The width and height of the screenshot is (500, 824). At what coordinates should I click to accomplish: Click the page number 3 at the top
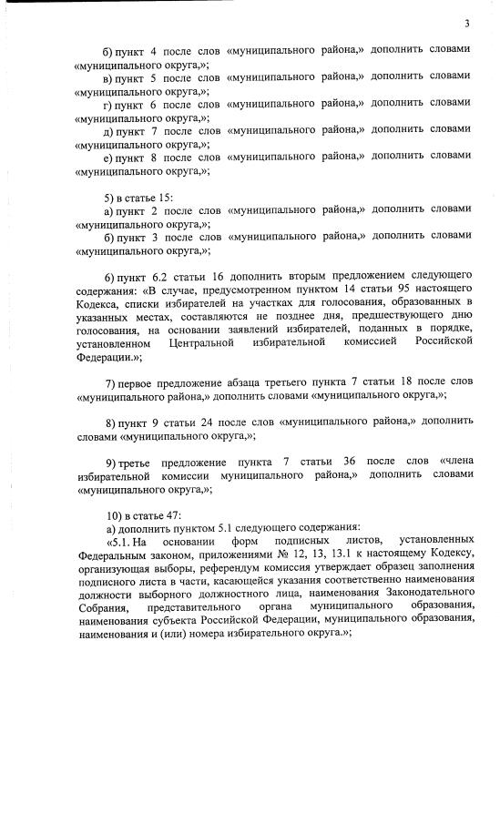pyautogui.click(x=465, y=24)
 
